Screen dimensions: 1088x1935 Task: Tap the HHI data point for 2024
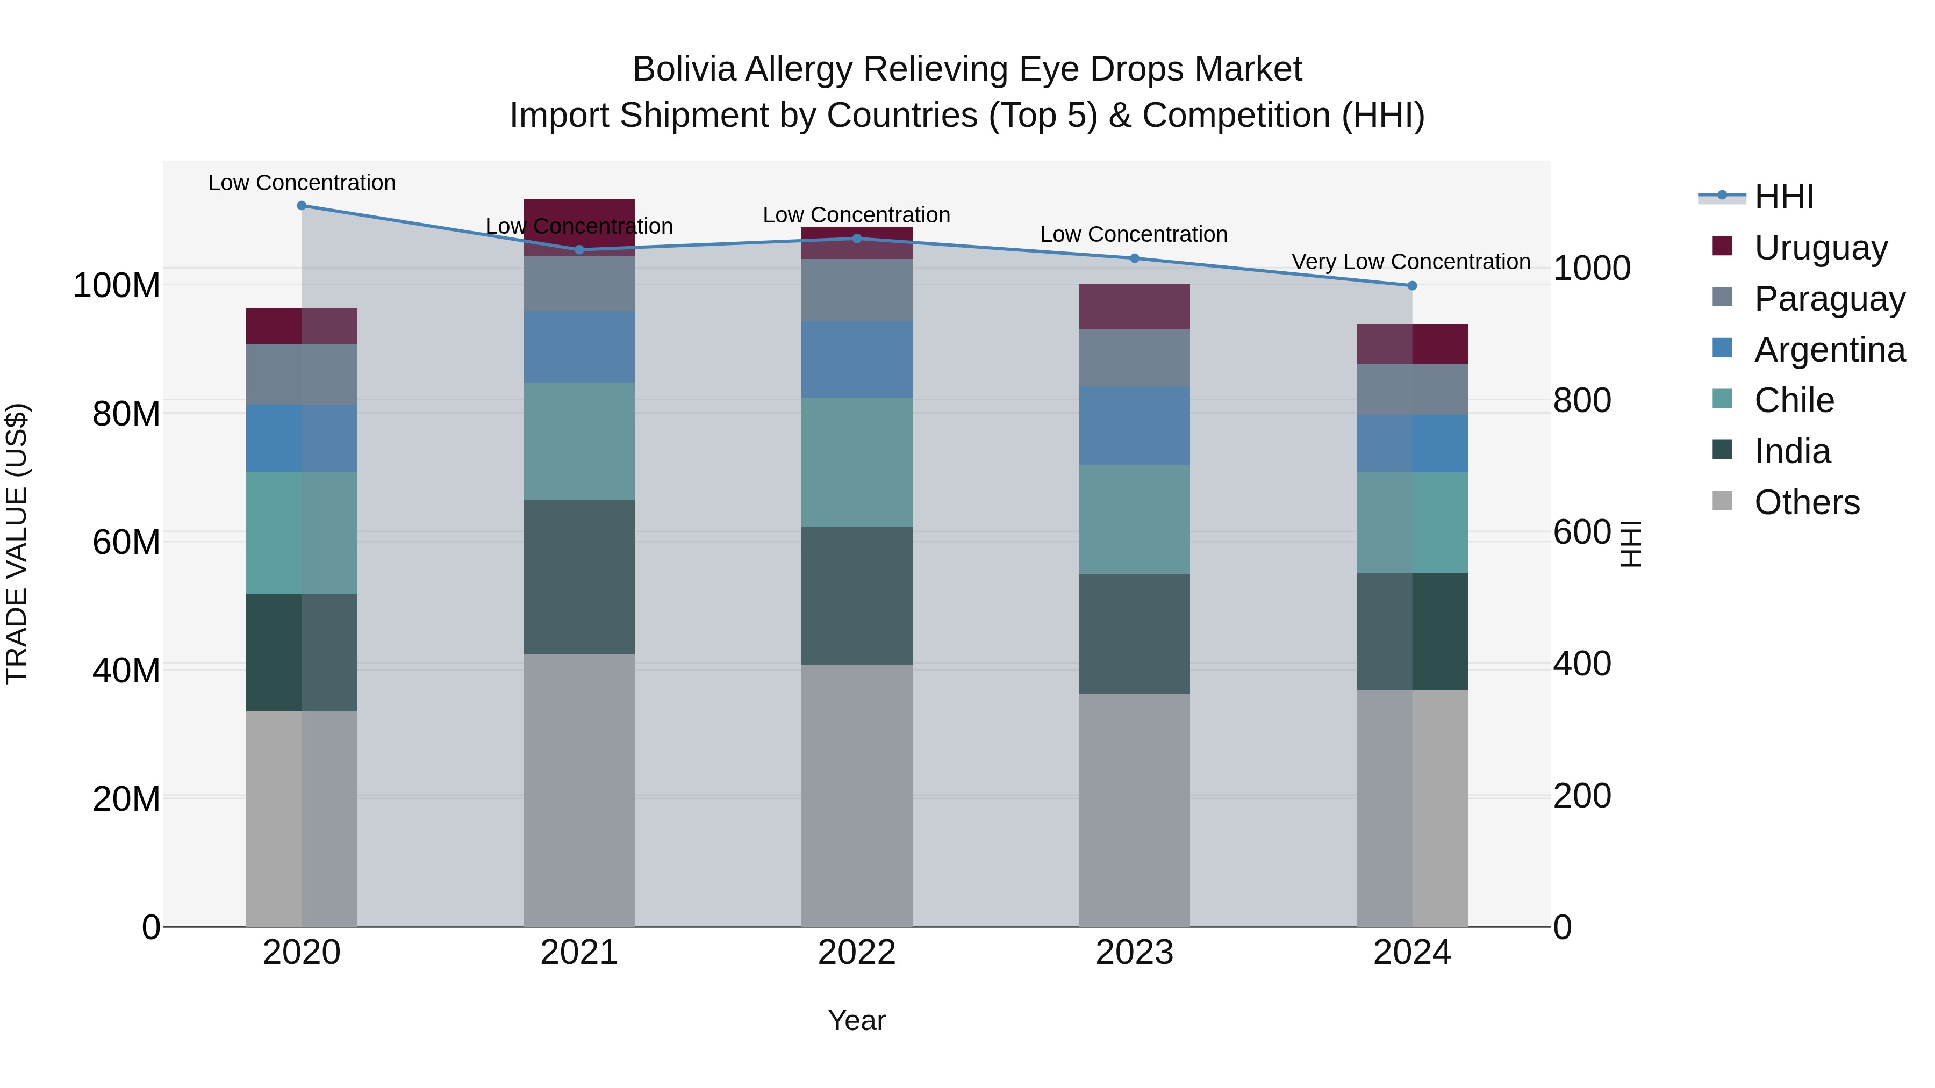[1411, 286]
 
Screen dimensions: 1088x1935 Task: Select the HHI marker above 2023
[1134, 258]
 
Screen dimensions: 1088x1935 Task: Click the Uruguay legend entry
[1820, 248]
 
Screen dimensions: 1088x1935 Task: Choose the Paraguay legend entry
[1829, 299]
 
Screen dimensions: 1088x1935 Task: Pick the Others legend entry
[1807, 502]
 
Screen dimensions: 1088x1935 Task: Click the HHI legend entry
[1784, 197]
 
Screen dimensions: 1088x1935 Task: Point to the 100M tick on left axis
[117, 286]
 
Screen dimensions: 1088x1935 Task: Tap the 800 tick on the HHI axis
[1582, 400]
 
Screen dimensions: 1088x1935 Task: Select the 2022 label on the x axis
[856, 953]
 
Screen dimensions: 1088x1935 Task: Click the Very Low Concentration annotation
[1411, 262]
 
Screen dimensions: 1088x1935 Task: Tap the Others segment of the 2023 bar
[1134, 810]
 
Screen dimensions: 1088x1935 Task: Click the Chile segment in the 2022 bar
[856, 463]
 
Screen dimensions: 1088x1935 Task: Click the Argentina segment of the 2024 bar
[1411, 444]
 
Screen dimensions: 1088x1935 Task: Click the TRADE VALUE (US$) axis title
[17, 544]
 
